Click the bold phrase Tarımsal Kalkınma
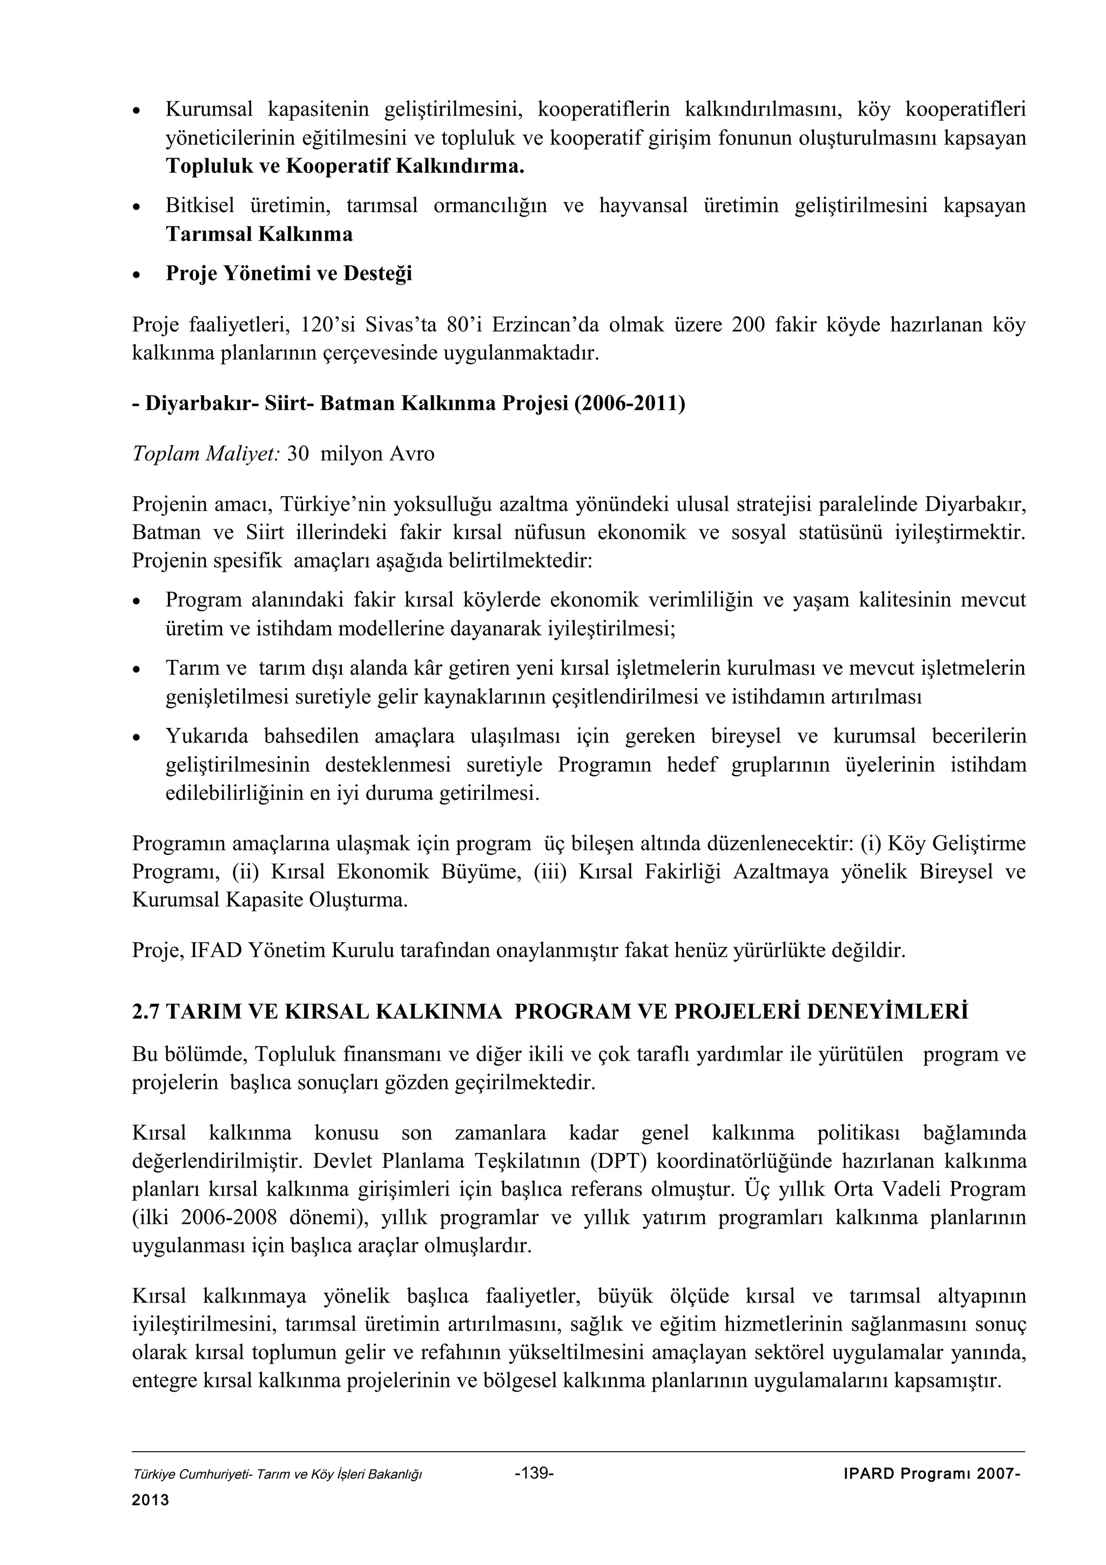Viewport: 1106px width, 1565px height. tap(259, 234)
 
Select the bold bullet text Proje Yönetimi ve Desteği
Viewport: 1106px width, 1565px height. tap(289, 273)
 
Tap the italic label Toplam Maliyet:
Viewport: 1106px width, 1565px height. tap(205, 454)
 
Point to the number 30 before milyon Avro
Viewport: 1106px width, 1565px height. tap(298, 454)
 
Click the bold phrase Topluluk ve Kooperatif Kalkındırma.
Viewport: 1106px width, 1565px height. tap(345, 166)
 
